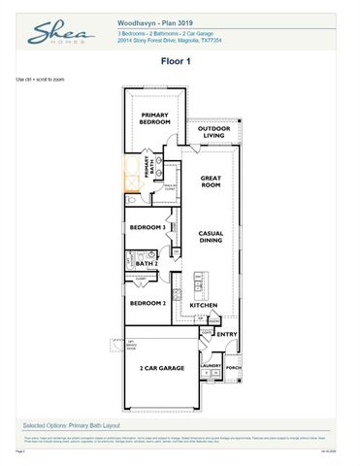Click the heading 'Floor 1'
tap(179, 60)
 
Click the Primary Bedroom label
tap(154, 119)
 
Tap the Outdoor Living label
tap(213, 132)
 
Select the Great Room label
tap(212, 182)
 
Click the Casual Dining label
tap(212, 238)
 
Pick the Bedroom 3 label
tap(148, 228)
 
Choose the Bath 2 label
tap(146, 263)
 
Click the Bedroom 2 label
tap(148, 303)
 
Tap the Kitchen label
tap(204, 306)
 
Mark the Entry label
tap(226, 335)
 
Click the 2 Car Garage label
tap(161, 369)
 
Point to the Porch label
tap(234, 367)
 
